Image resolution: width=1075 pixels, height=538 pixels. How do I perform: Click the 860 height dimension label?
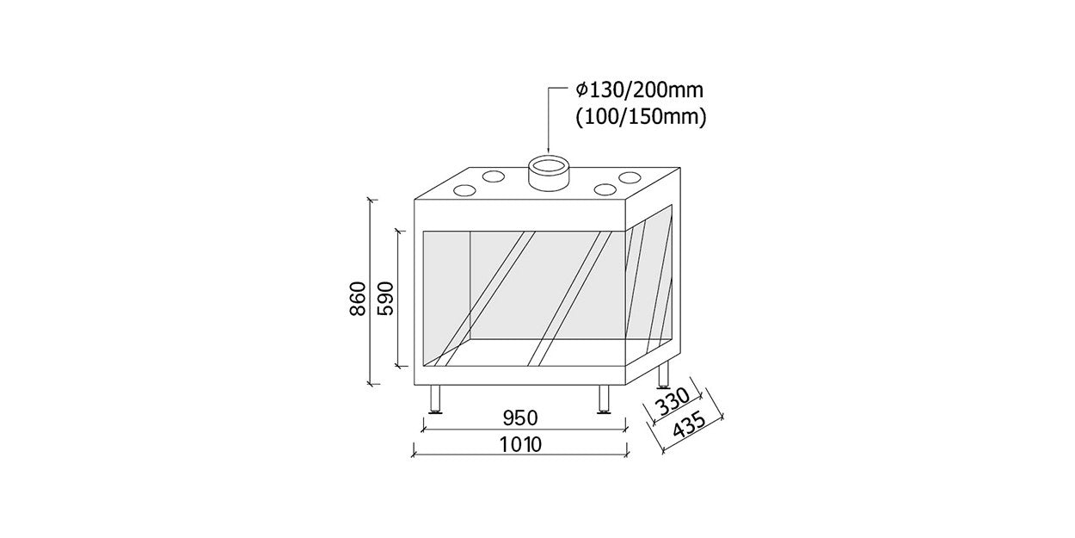(358, 299)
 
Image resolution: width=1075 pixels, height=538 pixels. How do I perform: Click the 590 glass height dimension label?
(385, 299)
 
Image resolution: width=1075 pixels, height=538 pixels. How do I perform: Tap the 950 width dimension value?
(520, 417)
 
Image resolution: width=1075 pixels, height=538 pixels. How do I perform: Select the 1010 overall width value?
(520, 445)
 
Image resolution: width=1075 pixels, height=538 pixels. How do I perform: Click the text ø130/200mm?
(640, 90)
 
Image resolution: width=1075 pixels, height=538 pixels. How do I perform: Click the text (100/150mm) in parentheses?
(642, 118)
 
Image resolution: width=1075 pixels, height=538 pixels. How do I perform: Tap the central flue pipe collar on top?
(549, 176)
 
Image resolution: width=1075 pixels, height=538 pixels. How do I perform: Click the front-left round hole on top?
(464, 191)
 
